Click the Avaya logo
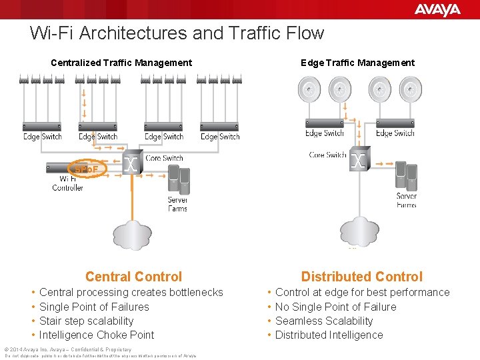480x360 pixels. [437, 9]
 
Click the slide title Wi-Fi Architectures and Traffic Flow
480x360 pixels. [177, 33]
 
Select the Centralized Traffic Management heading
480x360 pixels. [121, 63]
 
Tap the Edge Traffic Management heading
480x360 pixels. [357, 63]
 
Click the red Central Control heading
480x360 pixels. [133, 277]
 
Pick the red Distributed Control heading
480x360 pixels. [361, 277]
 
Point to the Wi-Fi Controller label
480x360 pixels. [67, 183]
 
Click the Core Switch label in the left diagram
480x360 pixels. [164, 158]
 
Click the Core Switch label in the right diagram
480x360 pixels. [327, 155]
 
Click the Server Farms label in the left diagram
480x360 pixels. [177, 204]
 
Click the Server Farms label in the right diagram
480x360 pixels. [406, 200]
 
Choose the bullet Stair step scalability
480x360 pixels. [86, 321]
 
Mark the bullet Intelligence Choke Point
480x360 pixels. [97, 335]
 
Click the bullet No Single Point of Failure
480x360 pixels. [335, 307]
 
